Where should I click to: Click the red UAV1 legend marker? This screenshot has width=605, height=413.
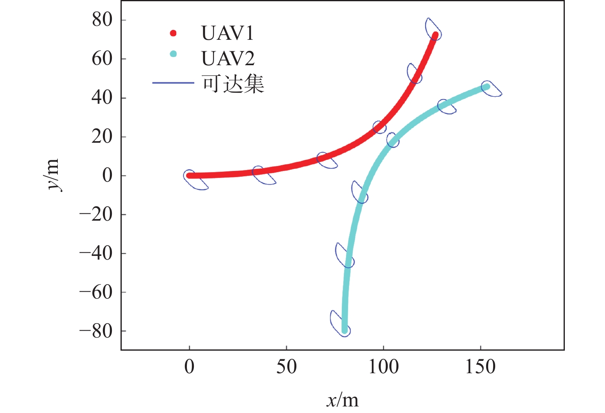click(173, 33)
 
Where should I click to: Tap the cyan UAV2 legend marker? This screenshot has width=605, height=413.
click(173, 54)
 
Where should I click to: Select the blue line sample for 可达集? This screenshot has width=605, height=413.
click(173, 83)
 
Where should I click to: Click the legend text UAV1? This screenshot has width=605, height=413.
click(227, 34)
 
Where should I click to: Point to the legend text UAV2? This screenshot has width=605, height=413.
click(228, 59)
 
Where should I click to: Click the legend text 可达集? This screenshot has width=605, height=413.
click(233, 84)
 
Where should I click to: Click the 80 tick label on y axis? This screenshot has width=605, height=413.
click(102, 20)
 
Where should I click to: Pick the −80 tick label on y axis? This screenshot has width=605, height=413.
click(96, 331)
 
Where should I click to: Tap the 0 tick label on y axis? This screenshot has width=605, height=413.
click(107, 176)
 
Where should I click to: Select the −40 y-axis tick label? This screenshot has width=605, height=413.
click(96, 253)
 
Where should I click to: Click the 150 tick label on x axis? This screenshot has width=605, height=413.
click(480, 367)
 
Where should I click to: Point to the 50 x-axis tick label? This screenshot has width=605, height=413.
click(286, 367)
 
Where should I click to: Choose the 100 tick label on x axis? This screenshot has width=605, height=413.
click(383, 367)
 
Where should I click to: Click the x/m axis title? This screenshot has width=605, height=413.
click(343, 400)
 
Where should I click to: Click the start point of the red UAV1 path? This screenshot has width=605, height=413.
click(189, 176)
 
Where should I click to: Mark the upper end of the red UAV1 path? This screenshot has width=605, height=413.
click(435, 35)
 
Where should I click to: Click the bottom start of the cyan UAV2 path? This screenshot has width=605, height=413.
click(344, 330)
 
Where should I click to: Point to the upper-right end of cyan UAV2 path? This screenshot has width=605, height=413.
click(487, 87)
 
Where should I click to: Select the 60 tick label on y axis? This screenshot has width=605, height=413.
click(102, 59)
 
